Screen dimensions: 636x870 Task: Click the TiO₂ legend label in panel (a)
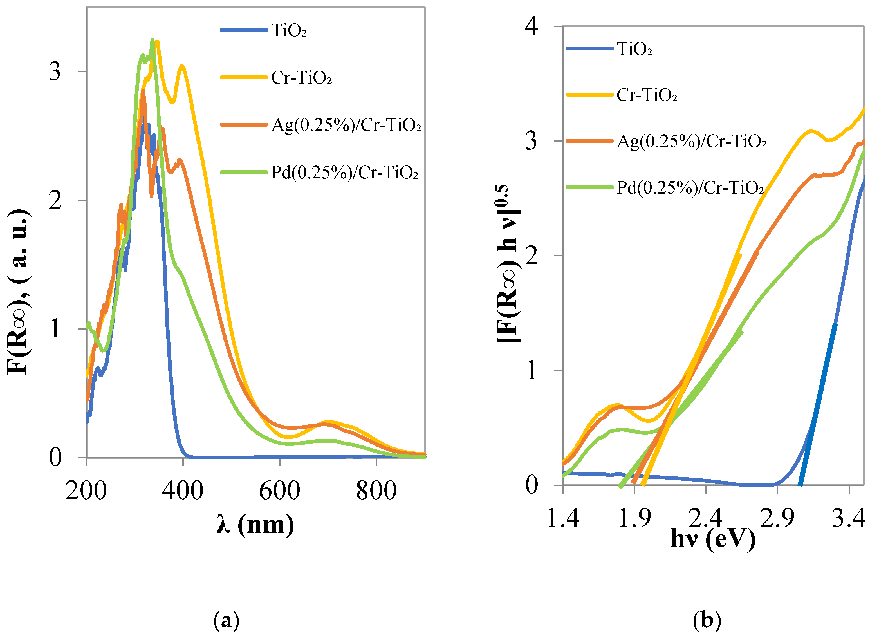[289, 30]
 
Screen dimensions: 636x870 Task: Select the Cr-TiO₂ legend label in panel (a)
[301, 78]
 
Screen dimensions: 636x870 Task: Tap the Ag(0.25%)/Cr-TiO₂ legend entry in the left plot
[346, 125]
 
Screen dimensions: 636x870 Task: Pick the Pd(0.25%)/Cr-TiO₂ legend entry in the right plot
[690, 188]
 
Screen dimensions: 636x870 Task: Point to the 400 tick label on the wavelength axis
[182, 491]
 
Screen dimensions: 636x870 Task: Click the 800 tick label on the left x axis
[376, 491]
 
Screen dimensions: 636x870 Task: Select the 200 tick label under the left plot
[86, 491]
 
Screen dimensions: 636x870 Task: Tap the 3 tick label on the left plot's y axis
[55, 71]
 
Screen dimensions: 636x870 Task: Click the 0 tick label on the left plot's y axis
[55, 457]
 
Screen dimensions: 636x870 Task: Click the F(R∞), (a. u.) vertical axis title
[19, 292]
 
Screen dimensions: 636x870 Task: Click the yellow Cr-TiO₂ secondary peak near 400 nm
[182, 66]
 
